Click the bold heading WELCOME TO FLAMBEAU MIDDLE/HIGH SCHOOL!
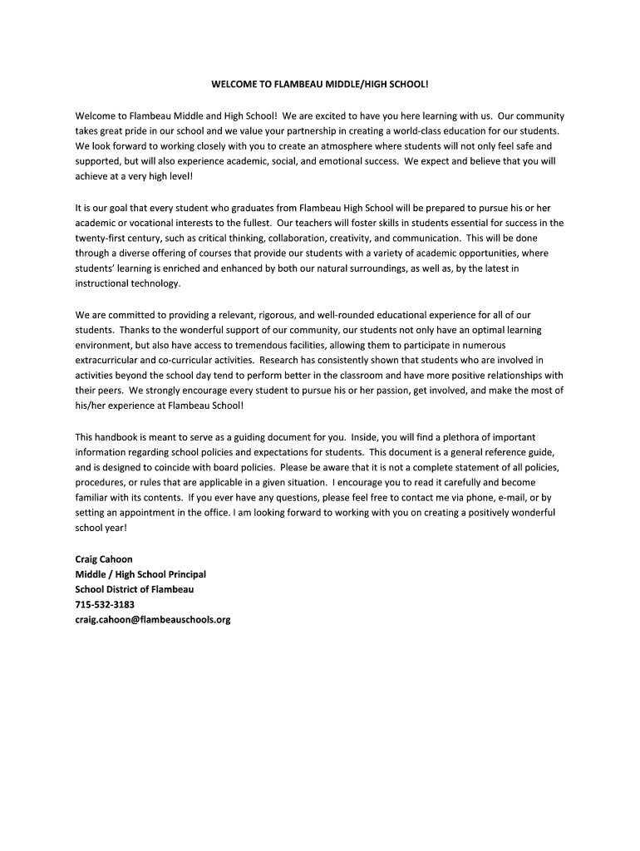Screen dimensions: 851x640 coord(319,86)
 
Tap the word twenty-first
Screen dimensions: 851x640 coord(101,238)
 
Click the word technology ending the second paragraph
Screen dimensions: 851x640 coord(153,283)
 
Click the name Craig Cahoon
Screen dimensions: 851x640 coord(104,559)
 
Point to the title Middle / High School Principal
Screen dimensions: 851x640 coord(140,574)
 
